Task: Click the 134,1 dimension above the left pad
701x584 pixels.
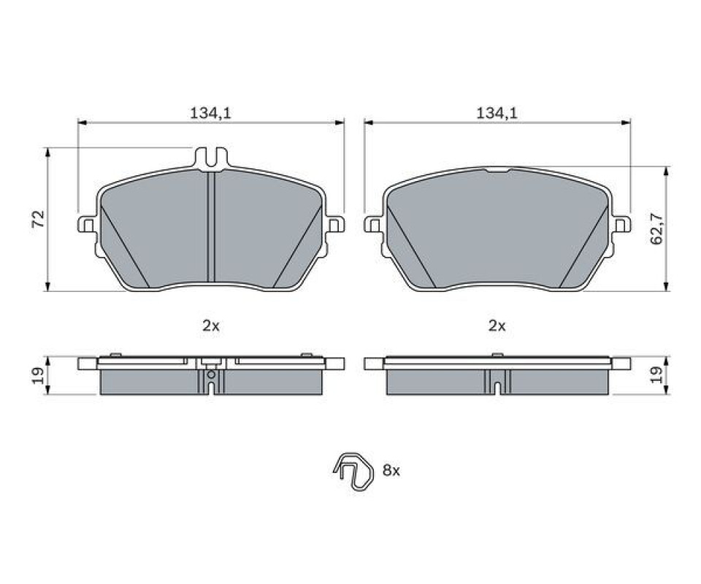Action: click(210, 113)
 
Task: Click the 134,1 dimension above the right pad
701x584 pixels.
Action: click(497, 113)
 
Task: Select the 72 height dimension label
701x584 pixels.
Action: click(39, 218)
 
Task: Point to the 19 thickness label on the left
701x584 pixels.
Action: click(39, 376)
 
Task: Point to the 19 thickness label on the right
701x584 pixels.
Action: click(656, 375)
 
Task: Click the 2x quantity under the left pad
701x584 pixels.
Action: click(211, 326)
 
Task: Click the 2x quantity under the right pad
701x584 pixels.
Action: click(497, 326)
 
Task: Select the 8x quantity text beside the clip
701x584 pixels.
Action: click(391, 470)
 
